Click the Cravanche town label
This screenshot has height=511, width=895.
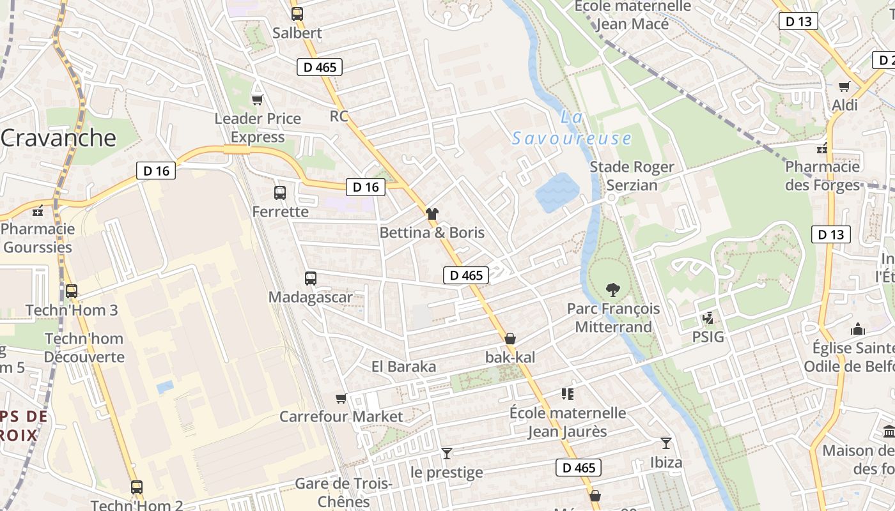(x=59, y=138)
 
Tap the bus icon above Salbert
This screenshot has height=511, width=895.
(x=297, y=13)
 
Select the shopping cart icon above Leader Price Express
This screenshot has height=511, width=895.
(x=257, y=100)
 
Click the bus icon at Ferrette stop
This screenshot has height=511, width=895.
(x=280, y=192)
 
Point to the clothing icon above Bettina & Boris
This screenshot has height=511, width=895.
(x=432, y=214)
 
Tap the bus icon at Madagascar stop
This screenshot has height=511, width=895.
(x=311, y=278)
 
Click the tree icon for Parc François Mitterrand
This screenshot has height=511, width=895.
(x=613, y=290)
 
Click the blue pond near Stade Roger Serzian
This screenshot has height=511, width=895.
(x=557, y=192)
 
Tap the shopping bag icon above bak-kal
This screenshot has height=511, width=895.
(x=510, y=339)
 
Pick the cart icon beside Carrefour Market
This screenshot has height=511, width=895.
(x=341, y=398)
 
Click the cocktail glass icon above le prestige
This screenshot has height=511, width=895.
(x=447, y=454)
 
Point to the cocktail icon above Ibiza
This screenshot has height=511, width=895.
(x=666, y=443)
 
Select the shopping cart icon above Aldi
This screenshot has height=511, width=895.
(x=844, y=86)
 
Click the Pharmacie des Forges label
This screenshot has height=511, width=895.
(x=823, y=176)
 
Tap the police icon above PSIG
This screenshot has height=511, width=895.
(x=708, y=317)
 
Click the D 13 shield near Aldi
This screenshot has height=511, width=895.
(x=798, y=21)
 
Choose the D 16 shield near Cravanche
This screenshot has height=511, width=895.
(x=156, y=171)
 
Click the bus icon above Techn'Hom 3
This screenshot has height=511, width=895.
(x=72, y=291)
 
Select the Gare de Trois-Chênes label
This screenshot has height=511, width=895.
(x=344, y=492)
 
